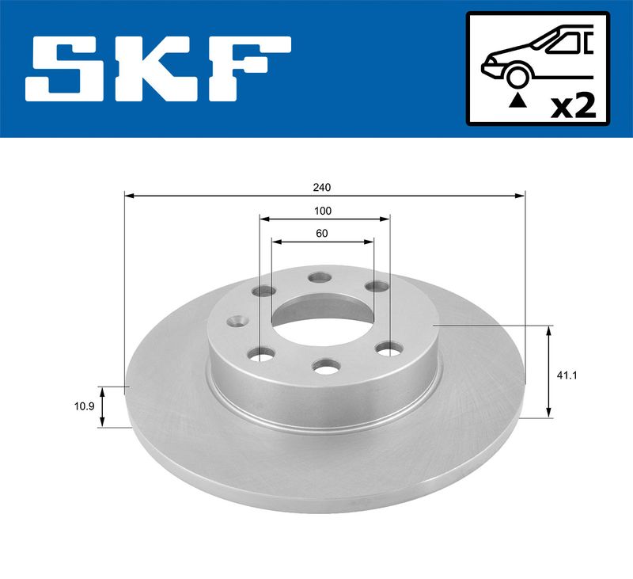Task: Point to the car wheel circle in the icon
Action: [x=517, y=76]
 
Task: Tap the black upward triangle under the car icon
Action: [x=517, y=100]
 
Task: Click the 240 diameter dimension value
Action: [x=322, y=188]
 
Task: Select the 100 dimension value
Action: [x=322, y=211]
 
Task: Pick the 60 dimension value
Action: [x=321, y=234]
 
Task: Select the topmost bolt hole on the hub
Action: [x=320, y=277]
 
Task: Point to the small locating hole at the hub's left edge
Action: [x=234, y=322]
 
